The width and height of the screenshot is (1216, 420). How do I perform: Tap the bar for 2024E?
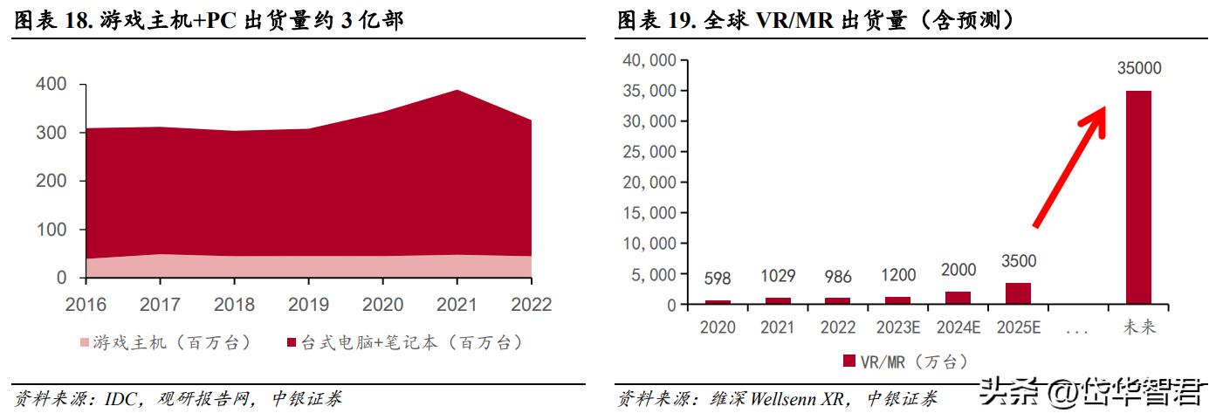(958, 298)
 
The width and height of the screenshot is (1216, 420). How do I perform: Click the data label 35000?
(1137, 69)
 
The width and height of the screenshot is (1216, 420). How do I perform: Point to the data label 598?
(718, 279)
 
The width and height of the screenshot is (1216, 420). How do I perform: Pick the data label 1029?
(778, 276)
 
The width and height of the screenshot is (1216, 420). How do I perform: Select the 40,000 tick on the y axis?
(647, 60)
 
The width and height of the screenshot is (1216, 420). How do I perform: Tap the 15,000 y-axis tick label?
(647, 213)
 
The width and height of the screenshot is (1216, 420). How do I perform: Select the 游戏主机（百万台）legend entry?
(166, 343)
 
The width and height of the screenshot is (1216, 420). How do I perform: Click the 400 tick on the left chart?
(51, 85)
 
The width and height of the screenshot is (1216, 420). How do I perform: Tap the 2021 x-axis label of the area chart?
(457, 305)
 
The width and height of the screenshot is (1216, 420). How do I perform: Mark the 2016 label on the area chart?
(86, 305)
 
